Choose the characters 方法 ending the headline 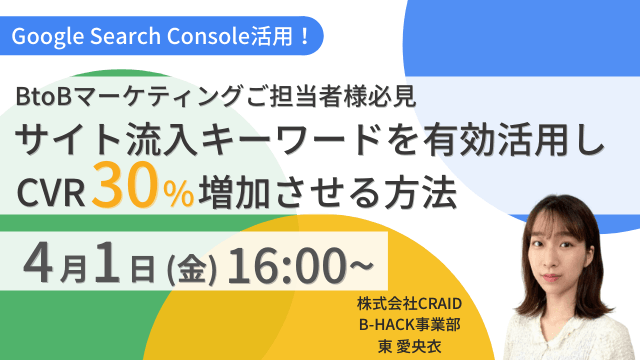coord(424,190)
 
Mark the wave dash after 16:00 coord(359,265)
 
